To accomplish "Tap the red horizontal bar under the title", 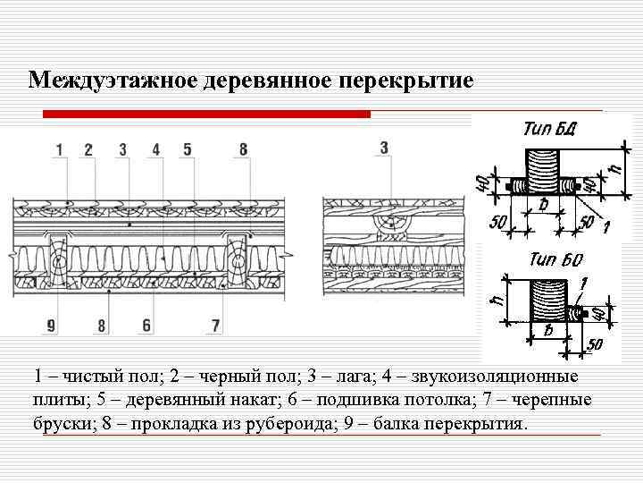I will pos(207,114).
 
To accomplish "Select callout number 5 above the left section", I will pos(188,149).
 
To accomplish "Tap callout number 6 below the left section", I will pos(146,326).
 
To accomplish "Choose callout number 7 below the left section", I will pos(215,326).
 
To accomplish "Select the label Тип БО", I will pos(555,260).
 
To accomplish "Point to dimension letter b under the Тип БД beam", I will pos(544,205).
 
